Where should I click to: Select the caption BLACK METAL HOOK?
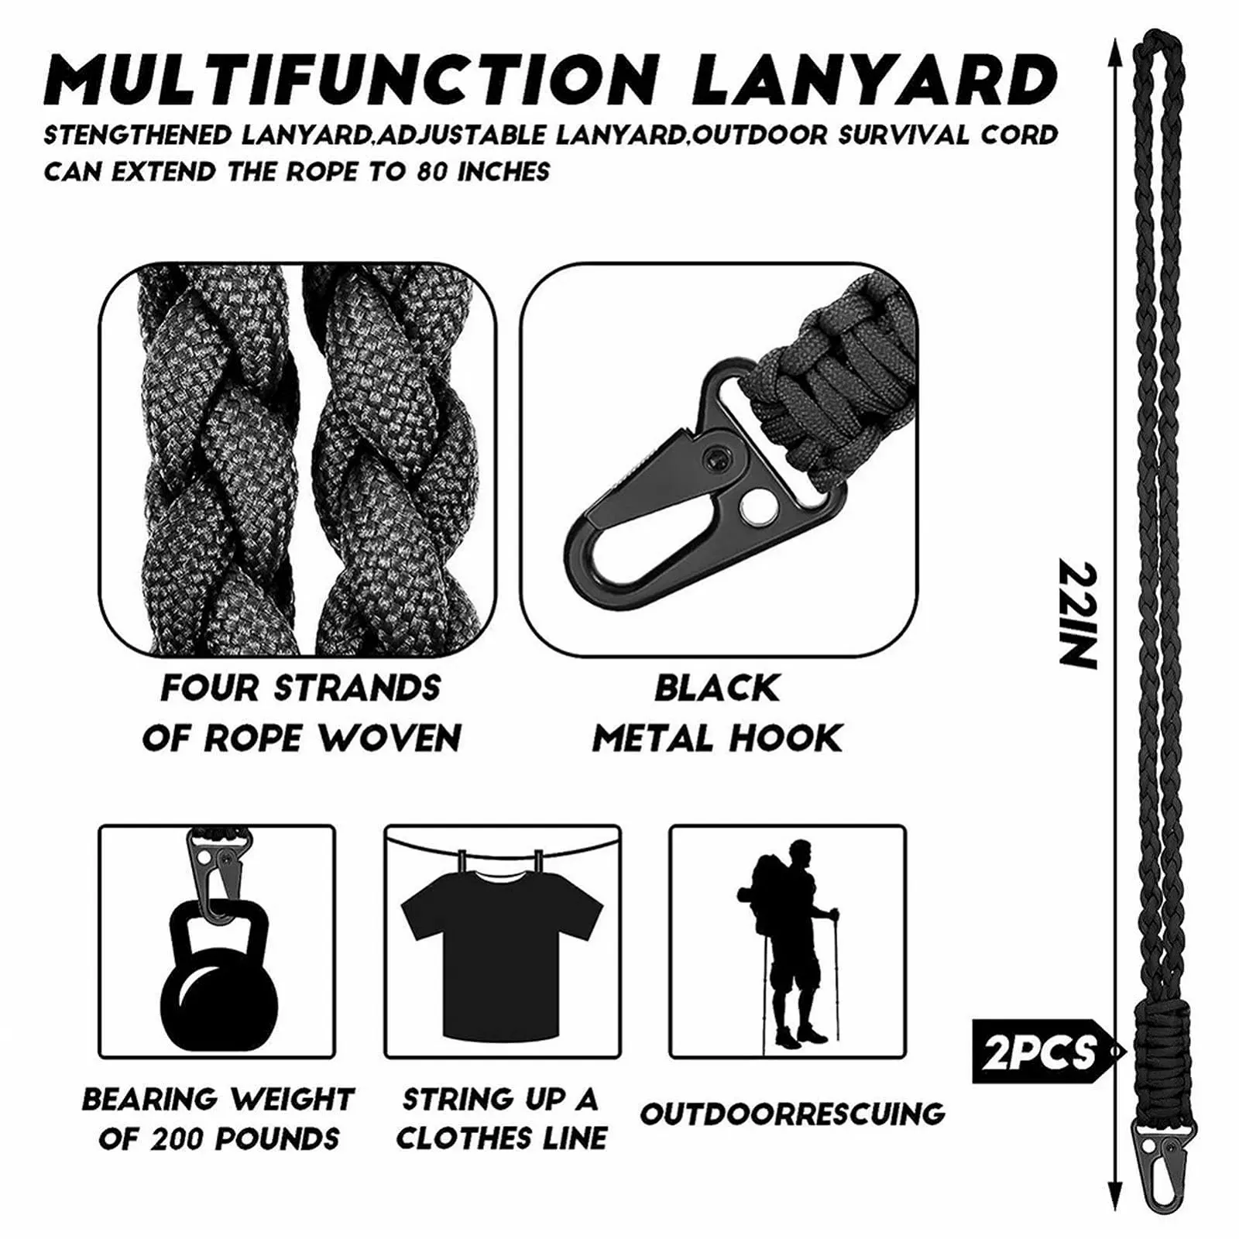point(717,713)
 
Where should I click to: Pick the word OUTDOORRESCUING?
point(792,1114)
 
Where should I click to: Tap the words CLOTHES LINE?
point(502,1139)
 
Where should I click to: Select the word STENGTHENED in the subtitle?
point(138,136)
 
